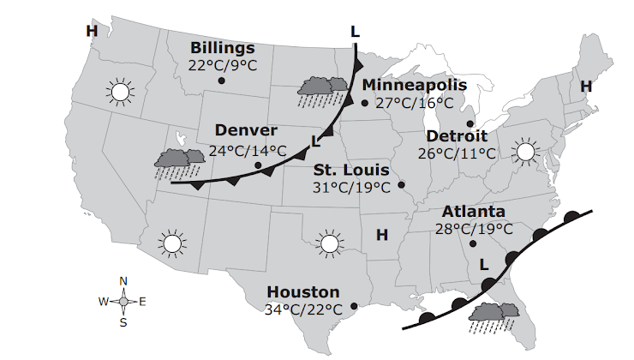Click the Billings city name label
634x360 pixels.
(223, 48)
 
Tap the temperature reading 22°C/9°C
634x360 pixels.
(223, 64)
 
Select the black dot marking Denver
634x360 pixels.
(258, 165)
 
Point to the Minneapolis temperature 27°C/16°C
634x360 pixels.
(415, 102)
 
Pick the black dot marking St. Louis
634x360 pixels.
(401, 184)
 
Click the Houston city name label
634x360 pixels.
(302, 292)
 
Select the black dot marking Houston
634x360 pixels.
(354, 305)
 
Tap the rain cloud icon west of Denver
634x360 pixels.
(178, 161)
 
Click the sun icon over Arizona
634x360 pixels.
(172, 243)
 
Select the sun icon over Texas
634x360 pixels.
(329, 243)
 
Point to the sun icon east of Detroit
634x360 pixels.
(524, 153)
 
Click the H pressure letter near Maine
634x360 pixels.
(586, 87)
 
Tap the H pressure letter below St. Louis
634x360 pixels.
(382, 234)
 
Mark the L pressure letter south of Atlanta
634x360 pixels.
(484, 264)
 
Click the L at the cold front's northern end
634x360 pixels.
(355, 32)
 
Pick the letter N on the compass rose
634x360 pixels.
(123, 281)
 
